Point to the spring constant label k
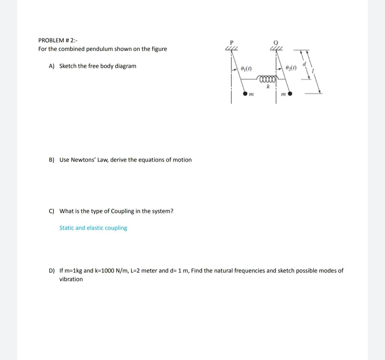click(x=267, y=87)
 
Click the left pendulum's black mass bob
click(x=245, y=94)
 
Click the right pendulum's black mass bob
click(x=290, y=94)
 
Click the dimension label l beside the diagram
click(x=313, y=71)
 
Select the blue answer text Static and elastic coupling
click(x=93, y=228)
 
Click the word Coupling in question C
click(x=123, y=211)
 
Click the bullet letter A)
click(x=52, y=66)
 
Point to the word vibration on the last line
click(x=71, y=279)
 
